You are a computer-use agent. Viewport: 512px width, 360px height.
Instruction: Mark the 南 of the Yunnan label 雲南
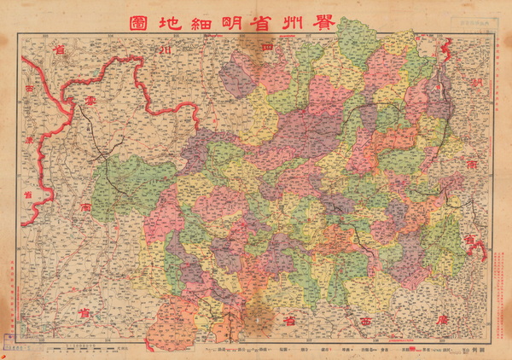(86, 207)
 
